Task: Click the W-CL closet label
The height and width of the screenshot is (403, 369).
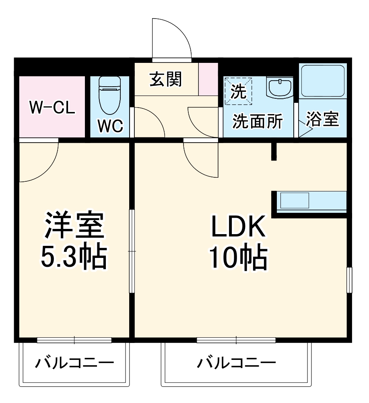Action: pos(52,108)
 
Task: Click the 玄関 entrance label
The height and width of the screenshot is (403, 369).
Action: pos(166,79)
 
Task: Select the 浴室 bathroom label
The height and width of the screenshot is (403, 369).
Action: pos(322,120)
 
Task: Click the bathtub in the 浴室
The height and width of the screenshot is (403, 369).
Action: pos(323,81)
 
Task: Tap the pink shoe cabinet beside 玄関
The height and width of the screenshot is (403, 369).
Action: pos(208,79)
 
